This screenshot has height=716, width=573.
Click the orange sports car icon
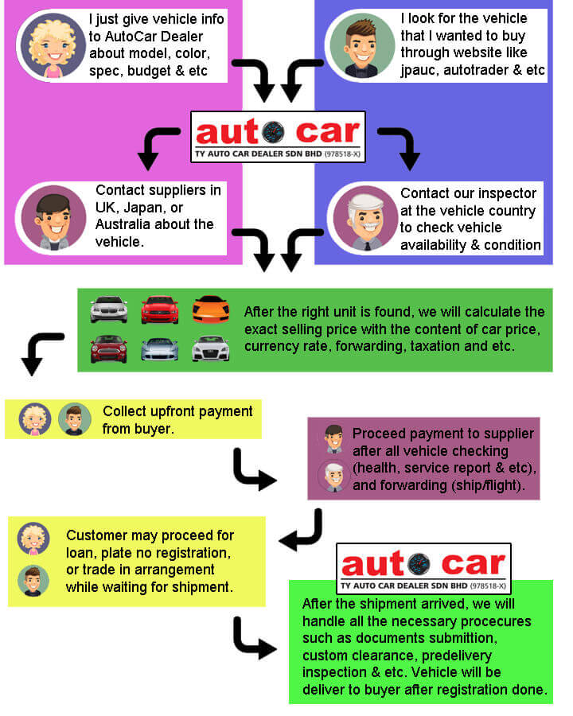coord(210,308)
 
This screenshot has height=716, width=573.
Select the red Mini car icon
coord(108,348)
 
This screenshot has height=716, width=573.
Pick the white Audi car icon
coord(210,348)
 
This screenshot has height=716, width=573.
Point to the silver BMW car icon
coord(108,308)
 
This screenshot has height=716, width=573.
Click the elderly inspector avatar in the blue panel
coord(365,217)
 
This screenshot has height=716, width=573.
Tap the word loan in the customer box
coord(81,553)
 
